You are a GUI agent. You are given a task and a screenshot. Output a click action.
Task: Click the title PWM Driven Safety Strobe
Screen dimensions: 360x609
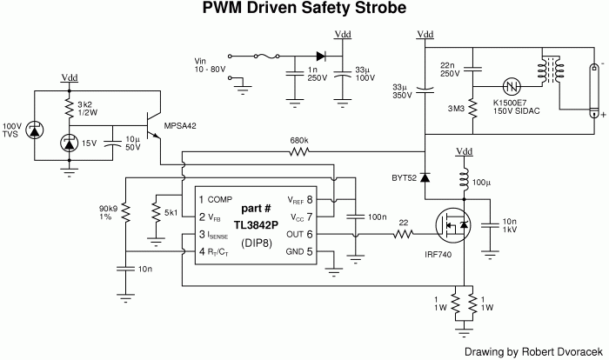[304, 10]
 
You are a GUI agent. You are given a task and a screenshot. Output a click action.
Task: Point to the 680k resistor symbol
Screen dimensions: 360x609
[298, 176]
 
